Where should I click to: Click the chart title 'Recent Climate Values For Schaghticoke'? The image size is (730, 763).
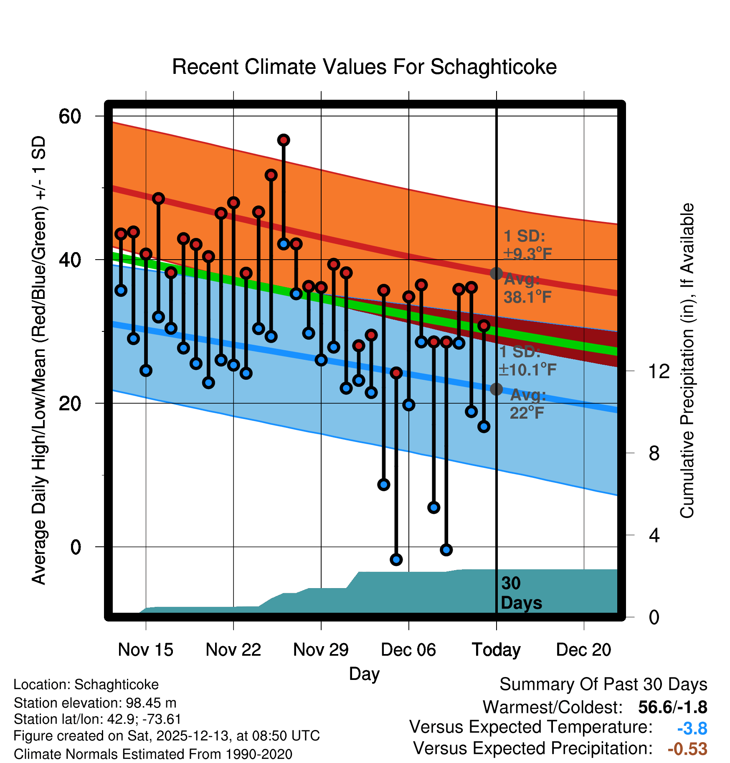click(364, 67)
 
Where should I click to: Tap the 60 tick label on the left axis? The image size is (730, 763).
click(70, 116)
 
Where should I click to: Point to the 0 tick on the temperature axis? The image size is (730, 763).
click(76, 547)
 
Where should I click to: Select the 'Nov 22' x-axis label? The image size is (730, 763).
click(233, 650)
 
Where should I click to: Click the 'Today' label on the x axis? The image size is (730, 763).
click(496, 650)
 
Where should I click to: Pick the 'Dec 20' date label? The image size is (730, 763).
click(583, 650)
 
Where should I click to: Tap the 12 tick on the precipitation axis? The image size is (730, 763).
click(659, 371)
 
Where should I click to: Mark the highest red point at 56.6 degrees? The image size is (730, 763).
click(284, 140)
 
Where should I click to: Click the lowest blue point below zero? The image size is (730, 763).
click(396, 559)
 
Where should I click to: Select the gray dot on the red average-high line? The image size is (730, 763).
click(496, 273)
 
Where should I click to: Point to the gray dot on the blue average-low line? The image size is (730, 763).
click(496, 389)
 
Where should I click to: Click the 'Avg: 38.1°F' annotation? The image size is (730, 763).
click(527, 288)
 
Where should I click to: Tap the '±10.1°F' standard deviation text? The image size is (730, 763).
click(527, 369)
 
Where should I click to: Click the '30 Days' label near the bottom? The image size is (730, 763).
click(521, 593)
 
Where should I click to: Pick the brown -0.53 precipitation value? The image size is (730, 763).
click(687, 749)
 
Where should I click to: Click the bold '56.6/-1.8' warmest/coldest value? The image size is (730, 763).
click(672, 707)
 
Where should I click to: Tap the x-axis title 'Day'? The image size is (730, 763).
click(364, 674)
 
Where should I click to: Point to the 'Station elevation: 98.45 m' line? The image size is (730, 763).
click(95, 703)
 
